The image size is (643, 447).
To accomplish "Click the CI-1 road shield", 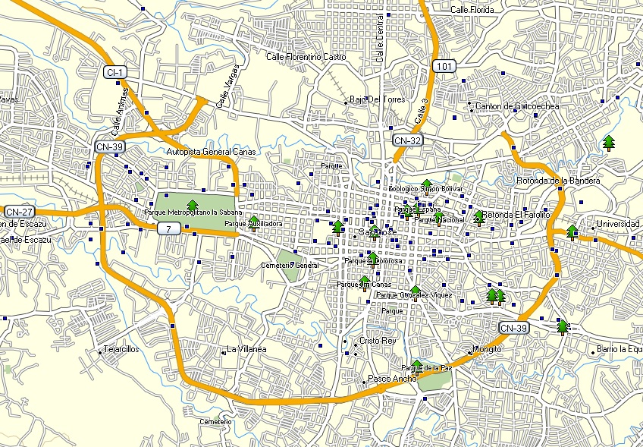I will click(116, 72).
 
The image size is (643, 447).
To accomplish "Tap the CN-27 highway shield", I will click(19, 211).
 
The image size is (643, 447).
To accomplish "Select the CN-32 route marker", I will click(408, 140).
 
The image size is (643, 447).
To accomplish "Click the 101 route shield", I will click(445, 67).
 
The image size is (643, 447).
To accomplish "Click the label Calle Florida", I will click(472, 10).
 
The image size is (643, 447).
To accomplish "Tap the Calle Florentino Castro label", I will click(306, 57).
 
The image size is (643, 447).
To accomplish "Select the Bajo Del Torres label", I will click(377, 99).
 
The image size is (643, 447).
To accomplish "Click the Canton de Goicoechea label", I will click(516, 106).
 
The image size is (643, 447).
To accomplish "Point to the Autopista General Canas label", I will click(211, 152).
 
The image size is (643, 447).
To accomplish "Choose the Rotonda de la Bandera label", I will click(557, 181).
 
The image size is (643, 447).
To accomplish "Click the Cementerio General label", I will click(290, 265).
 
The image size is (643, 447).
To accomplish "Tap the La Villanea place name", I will click(246, 349).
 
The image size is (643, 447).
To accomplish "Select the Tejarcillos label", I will click(120, 350).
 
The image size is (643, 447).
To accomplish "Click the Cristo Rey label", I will click(378, 341).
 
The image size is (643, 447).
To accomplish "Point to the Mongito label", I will click(487, 349).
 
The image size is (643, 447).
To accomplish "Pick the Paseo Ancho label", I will click(391, 378).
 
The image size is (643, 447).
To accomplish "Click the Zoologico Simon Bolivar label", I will click(425, 188).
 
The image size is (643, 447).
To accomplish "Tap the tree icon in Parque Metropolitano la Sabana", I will click(192, 204).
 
